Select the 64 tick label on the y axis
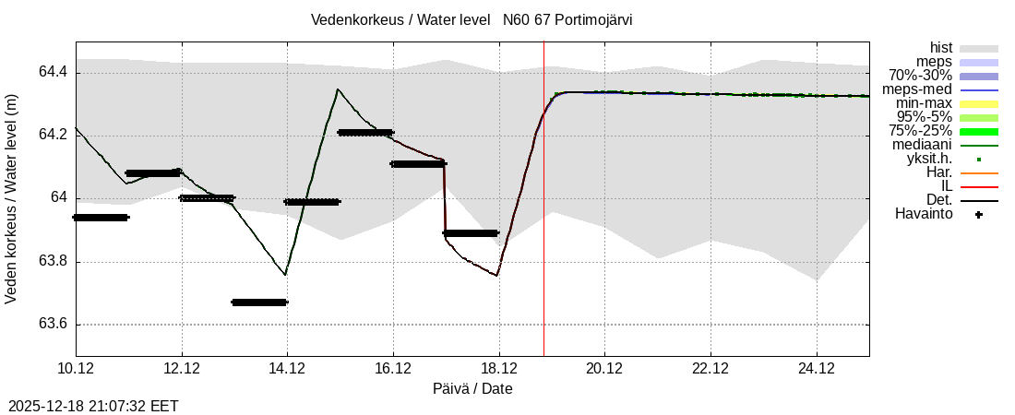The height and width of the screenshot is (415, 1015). coord(61,198)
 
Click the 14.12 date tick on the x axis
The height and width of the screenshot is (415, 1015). coord(287,369)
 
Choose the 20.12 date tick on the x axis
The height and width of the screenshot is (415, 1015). coord(604,369)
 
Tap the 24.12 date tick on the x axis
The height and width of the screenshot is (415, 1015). coord(817,369)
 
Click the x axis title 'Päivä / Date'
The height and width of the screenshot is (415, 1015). coord(472,388)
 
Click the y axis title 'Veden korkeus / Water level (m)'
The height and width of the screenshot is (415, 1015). coord(12,198)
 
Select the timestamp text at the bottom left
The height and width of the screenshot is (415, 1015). coord(93,406)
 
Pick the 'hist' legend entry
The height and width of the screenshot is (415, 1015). coord(941,48)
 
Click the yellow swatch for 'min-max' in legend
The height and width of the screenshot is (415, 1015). coord(979,103)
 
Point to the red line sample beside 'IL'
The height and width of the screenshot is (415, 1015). coord(979,186)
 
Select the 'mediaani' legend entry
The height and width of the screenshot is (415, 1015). coord(922,145)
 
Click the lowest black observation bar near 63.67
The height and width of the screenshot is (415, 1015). coord(259,302)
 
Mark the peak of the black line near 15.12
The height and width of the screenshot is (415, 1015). coord(338,89)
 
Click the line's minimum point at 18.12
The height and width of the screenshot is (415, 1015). coord(497,275)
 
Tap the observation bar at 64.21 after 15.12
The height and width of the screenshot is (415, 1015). coord(365,132)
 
